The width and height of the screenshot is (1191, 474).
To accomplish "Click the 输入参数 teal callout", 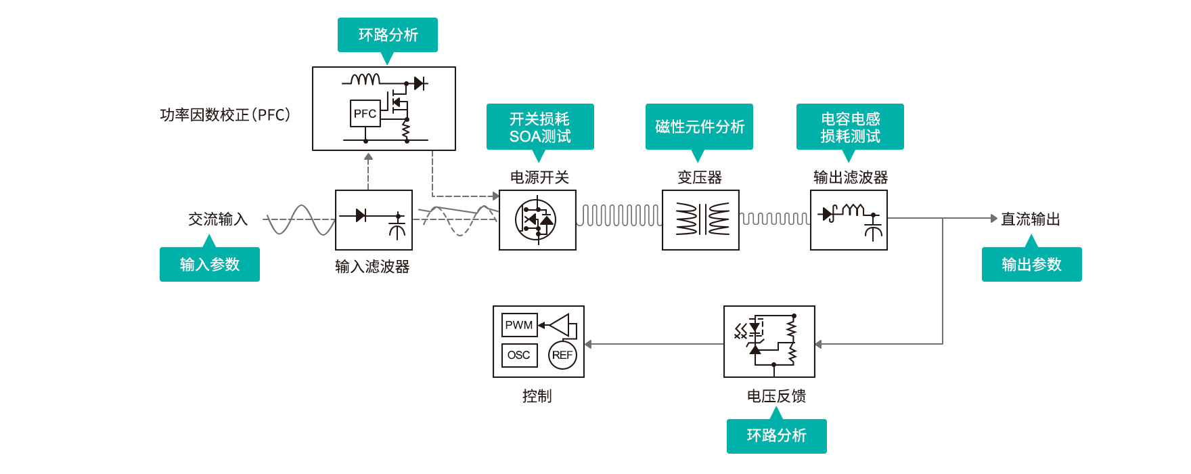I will pyautogui.click(x=210, y=264).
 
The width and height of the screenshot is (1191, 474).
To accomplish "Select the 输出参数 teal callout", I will pyautogui.click(x=1031, y=264).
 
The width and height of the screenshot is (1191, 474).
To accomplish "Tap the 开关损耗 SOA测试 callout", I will pyautogui.click(x=540, y=127).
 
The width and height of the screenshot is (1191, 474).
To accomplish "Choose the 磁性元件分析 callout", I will pyautogui.click(x=699, y=127).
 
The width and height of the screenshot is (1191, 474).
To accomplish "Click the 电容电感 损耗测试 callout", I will pyautogui.click(x=850, y=127).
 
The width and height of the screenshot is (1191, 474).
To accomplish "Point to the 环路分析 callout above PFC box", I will pyautogui.click(x=388, y=35).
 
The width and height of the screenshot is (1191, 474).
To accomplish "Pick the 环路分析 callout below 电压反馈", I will pyautogui.click(x=776, y=435).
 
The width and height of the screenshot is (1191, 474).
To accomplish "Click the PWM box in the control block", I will pyautogui.click(x=519, y=325).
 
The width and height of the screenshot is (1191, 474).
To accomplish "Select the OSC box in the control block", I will pyautogui.click(x=519, y=355).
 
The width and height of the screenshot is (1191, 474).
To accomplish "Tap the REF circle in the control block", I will pyautogui.click(x=562, y=355).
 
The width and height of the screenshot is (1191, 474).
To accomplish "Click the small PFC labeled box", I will pyautogui.click(x=365, y=114).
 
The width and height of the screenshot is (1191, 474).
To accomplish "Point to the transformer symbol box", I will pyautogui.click(x=700, y=220).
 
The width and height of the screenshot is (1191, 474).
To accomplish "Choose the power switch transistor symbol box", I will pyautogui.click(x=537, y=220).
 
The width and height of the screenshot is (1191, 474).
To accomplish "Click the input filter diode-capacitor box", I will pyautogui.click(x=374, y=220).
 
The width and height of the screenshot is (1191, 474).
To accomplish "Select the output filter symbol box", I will pyautogui.click(x=849, y=220).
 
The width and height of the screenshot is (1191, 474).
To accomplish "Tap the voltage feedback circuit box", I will pyautogui.click(x=769, y=341).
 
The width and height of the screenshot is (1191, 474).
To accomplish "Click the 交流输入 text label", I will pyautogui.click(x=218, y=219).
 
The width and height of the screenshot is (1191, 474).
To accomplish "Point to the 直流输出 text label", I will pyautogui.click(x=1031, y=219).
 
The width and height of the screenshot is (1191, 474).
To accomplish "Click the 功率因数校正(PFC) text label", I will pyautogui.click(x=225, y=115).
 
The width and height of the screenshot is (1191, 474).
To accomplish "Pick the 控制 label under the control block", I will pyautogui.click(x=537, y=396).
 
